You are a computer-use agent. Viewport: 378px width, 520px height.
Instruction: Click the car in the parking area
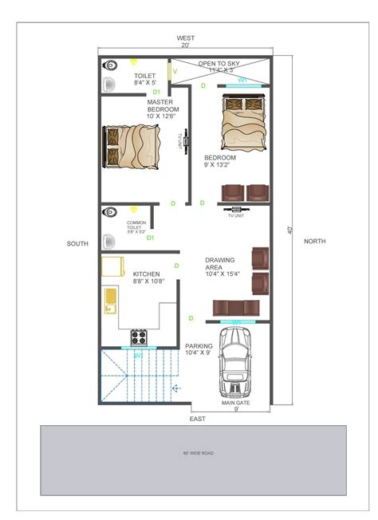[235, 363]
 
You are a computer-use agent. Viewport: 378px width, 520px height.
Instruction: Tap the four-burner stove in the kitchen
[138, 337]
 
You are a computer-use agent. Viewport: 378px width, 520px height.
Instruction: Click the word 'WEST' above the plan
[186, 37]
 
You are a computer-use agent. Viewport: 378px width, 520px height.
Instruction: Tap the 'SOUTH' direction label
[77, 243]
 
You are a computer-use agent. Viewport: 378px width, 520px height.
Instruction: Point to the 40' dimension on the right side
[291, 229]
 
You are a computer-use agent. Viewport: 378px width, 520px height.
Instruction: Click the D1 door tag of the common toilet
[150, 238]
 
